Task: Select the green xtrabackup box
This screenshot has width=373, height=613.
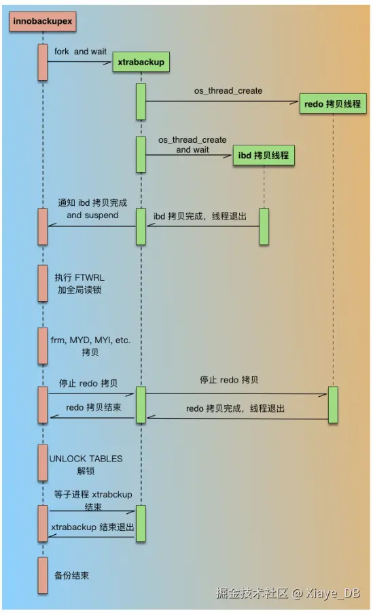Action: coord(141,63)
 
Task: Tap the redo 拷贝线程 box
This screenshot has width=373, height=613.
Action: coord(333,105)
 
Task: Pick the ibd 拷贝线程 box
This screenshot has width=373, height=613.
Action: coord(264,156)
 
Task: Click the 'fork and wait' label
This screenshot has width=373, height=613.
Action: coord(81,52)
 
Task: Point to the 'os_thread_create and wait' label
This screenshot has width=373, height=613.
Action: coord(192,145)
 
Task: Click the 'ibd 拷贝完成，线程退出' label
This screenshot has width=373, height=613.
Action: coord(200,216)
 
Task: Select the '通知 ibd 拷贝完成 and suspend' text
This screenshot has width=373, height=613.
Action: coord(92,209)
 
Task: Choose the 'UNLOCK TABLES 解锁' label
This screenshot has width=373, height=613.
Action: coord(86,464)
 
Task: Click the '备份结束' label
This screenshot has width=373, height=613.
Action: coord(72,576)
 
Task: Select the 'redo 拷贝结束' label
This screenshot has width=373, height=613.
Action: coord(94,408)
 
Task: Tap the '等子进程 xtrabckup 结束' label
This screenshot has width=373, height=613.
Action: coord(93,500)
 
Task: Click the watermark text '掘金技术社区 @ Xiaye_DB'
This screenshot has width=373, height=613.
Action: coord(287,593)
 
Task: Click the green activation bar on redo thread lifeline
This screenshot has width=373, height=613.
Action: coord(333,405)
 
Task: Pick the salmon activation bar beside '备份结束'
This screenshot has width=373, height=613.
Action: coord(43,576)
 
